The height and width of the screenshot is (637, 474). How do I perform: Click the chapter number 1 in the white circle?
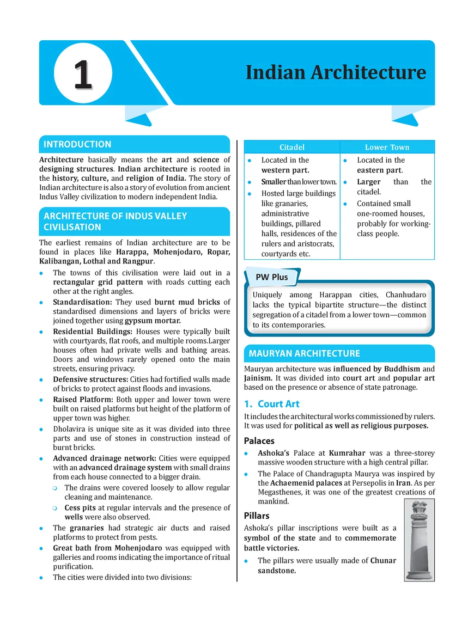(83, 75)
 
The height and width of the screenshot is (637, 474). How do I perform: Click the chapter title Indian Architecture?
(336, 72)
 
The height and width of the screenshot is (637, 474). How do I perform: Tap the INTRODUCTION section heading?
(77, 144)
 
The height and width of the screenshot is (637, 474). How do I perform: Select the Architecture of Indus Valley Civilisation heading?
(115, 222)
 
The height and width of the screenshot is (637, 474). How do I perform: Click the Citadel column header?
(292, 147)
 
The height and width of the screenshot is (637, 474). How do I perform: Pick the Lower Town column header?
(387, 147)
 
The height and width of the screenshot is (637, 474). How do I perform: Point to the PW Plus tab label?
(272, 277)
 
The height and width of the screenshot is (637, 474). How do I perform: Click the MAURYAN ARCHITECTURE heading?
(304, 353)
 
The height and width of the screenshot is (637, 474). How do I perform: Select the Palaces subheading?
(259, 440)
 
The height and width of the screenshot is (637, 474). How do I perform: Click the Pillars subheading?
(257, 515)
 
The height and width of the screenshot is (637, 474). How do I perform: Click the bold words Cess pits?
(81, 507)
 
